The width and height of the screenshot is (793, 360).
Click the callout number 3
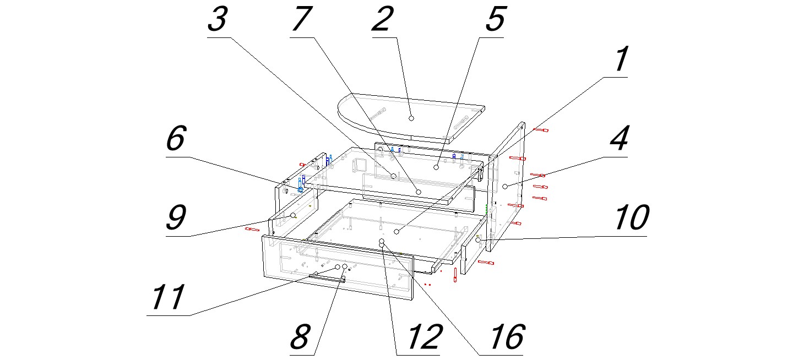click(x=217, y=21)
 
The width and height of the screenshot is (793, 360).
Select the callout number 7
click(x=302, y=21)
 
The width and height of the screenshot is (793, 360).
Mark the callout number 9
click(x=175, y=220)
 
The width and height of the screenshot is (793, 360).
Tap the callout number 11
click(x=169, y=298)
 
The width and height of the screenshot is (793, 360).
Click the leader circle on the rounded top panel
click(x=411, y=117)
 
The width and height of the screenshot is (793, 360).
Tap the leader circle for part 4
click(x=505, y=187)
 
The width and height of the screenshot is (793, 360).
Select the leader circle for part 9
click(x=294, y=215)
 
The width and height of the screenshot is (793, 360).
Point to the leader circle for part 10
click(x=479, y=241)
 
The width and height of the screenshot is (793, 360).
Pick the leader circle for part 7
click(x=419, y=192)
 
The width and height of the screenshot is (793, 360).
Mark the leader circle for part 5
click(x=435, y=166)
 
